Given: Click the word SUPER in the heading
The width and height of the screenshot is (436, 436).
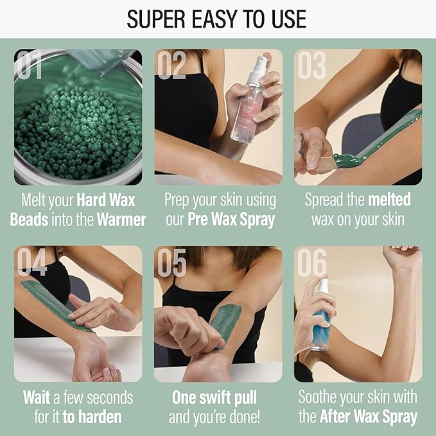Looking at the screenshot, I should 157,19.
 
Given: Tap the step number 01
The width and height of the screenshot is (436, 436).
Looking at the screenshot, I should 31,65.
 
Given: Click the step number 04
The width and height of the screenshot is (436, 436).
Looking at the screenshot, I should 32,261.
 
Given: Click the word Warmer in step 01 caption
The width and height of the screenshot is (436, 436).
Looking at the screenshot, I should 121,220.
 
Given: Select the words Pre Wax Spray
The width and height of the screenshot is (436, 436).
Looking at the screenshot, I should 231,220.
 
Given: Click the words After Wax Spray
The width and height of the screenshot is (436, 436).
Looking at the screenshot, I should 369,417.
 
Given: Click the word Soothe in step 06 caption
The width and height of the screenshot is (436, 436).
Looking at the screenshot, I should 323,397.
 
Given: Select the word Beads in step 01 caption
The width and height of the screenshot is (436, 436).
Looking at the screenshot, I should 28,220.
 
